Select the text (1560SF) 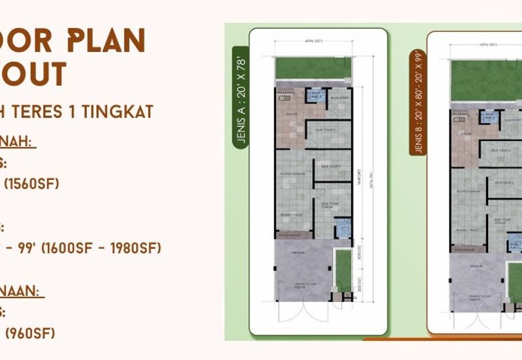[x=32, y=184]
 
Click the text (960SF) [x=29, y=333]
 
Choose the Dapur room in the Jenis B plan [x=465, y=133]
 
